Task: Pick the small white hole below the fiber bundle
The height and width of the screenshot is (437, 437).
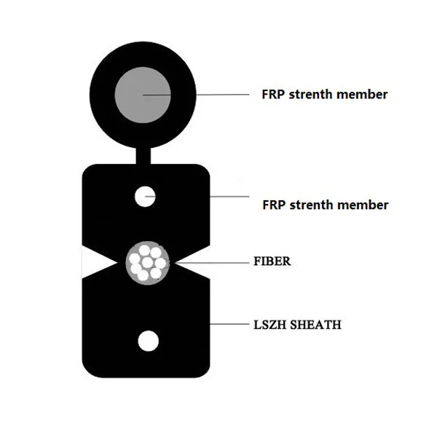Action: point(148,341)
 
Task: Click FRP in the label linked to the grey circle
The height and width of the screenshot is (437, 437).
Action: point(274,95)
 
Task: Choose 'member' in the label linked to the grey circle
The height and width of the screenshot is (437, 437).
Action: point(361,95)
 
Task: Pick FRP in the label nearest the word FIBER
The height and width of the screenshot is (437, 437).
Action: point(274,205)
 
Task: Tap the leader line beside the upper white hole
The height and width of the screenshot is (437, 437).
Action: point(229,196)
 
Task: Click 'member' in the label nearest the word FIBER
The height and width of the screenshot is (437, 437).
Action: point(362,205)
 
